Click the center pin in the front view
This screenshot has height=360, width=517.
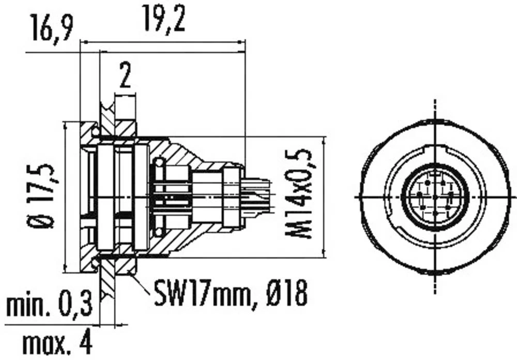click(435, 197)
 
